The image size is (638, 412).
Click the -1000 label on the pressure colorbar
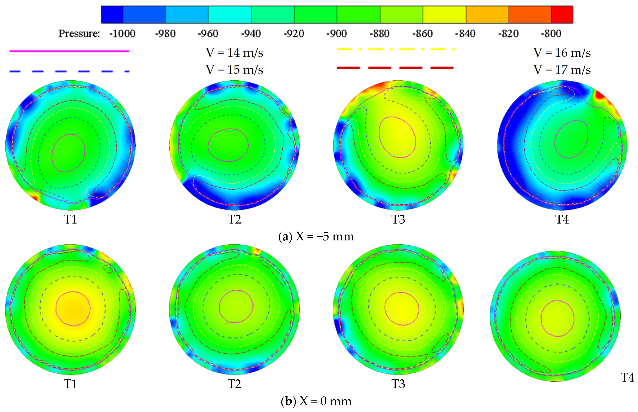click(x=122, y=34)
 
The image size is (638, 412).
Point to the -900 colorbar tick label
click(x=337, y=34)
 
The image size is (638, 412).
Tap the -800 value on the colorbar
click(x=551, y=34)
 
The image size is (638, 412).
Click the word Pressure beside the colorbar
click(x=79, y=34)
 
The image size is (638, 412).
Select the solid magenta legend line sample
click(x=69, y=51)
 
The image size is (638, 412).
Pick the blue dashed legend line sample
click(x=69, y=71)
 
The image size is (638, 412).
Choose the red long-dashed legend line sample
click(x=395, y=68)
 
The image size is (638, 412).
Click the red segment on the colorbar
click(x=562, y=14)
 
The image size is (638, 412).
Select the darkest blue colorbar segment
click(x=112, y=14)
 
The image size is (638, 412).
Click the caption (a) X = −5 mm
click(x=316, y=237)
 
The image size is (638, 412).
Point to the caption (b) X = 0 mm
click(x=316, y=401)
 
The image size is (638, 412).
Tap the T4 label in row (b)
click(x=627, y=377)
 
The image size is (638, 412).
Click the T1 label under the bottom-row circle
click(x=70, y=384)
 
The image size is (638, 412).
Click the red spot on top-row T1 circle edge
click(x=35, y=198)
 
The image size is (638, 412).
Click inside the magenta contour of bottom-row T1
click(x=73, y=308)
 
